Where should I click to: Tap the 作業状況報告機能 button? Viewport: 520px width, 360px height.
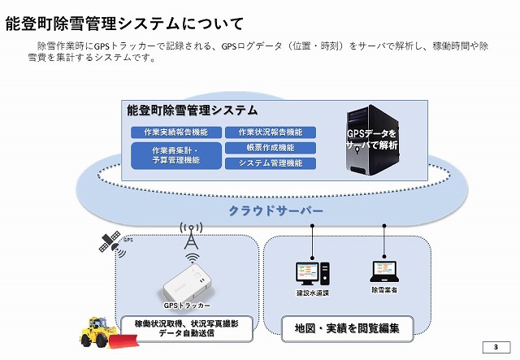[271, 132]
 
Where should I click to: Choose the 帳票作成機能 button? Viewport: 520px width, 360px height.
[271, 147]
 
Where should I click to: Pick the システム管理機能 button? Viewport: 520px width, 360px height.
[271, 163]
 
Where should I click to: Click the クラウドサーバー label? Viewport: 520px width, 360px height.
[275, 210]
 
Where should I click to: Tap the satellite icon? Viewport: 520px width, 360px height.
[109, 241]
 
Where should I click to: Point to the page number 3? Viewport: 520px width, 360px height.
[495, 349]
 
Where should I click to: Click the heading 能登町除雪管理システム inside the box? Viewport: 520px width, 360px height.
[193, 111]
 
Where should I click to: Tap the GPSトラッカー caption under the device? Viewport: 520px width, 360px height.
[187, 306]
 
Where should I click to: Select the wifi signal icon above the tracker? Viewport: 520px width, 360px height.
[192, 259]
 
